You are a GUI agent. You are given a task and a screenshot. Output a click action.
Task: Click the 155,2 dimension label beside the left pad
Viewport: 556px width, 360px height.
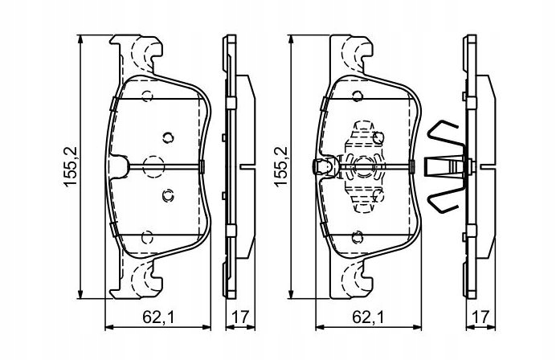(70, 166)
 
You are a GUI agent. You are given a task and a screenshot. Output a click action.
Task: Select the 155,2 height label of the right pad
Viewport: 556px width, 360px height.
(280, 166)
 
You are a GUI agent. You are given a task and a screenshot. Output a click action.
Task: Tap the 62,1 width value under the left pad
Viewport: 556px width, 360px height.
(158, 317)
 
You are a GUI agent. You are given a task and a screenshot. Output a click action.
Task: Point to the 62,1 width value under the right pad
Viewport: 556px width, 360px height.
(369, 317)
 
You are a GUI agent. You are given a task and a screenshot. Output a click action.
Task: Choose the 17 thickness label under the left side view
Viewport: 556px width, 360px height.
(240, 317)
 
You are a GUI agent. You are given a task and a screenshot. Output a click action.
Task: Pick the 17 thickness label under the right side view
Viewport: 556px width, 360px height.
(480, 317)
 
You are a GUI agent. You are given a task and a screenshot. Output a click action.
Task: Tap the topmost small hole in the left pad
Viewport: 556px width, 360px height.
(147, 96)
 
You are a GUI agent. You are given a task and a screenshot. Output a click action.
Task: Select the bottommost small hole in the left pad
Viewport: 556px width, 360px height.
(147, 237)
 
